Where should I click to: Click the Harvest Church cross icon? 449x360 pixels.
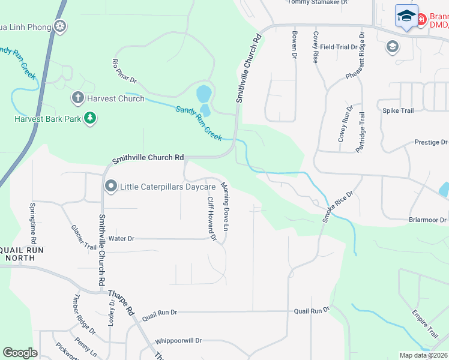(77, 97)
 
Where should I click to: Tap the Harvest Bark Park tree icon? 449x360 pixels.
(90, 118)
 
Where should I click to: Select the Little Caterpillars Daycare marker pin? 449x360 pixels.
(110, 186)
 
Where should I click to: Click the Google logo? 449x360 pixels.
(20, 353)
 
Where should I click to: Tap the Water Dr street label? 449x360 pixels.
(121, 239)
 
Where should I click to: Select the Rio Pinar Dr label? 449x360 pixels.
(125, 71)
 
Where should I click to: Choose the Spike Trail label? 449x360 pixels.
(399, 110)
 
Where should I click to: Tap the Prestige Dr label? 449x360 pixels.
(431, 142)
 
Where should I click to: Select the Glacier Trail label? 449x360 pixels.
(83, 238)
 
